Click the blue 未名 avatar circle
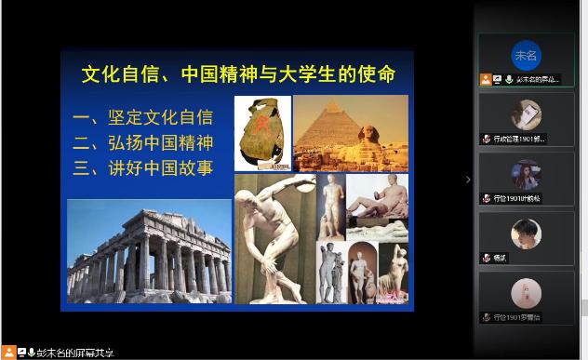point(526,55)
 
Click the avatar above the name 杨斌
point(526,233)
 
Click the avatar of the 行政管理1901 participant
point(526,113)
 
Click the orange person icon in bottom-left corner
point(7,353)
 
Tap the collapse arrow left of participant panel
point(468,180)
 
